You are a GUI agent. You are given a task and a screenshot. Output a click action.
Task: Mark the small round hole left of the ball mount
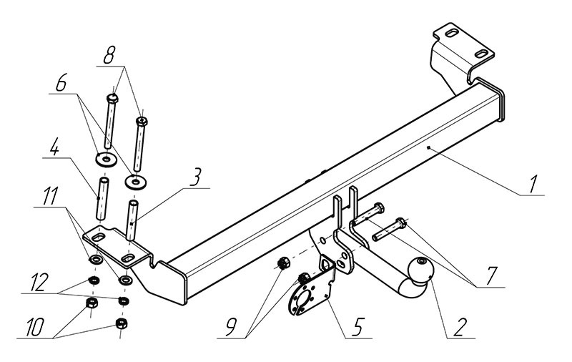pos(324,239)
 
